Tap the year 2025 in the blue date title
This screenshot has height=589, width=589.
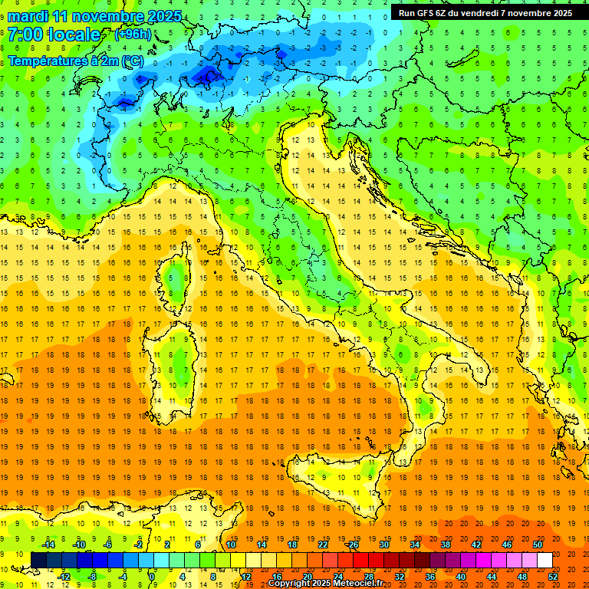pyautogui.click(x=163, y=16)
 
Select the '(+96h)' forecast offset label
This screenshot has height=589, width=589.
pyautogui.click(x=133, y=35)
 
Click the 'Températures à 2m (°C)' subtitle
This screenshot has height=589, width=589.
pyautogui.click(x=75, y=61)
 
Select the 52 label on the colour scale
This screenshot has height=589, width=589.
pyautogui.click(x=553, y=576)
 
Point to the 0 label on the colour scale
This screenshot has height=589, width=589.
pyautogui.click(x=153, y=576)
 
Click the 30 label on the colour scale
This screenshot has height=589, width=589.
pyautogui.click(x=383, y=545)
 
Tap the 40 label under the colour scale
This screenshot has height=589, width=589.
pyautogui.click(x=460, y=576)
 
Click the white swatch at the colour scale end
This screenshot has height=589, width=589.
pyautogui.click(x=545, y=560)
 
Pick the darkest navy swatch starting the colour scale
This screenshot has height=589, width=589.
pyautogui.click(x=38, y=560)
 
